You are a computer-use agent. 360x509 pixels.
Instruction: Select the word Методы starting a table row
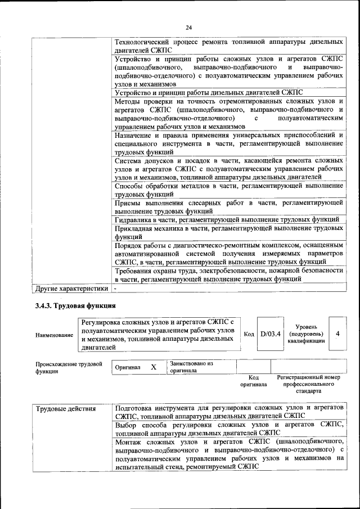[129, 101]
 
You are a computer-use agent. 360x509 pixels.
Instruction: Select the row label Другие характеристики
[71, 289]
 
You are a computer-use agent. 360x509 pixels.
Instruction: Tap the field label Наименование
[54, 335]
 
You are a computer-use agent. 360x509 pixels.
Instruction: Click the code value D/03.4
[270, 334]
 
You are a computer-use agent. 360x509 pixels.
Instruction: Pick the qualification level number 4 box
[337, 334]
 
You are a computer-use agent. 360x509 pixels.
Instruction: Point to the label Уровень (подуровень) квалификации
[305, 334]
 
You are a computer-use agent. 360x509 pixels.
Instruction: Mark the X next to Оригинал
[154, 367]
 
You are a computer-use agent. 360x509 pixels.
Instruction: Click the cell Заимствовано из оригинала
[191, 367]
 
